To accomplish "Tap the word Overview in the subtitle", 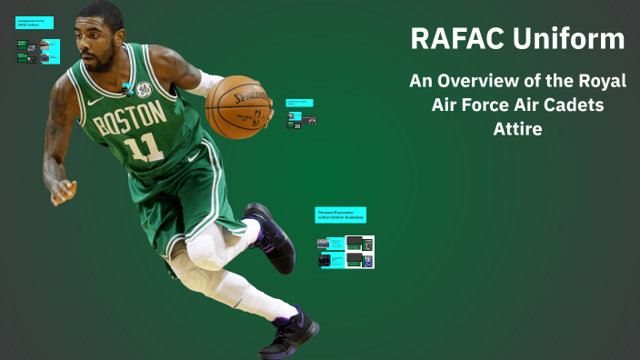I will tap(487, 81).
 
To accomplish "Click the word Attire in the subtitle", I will tap(517, 129).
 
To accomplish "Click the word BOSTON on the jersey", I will tap(130, 119).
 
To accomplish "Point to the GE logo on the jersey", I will tap(144, 89).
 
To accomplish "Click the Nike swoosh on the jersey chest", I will tap(95, 101).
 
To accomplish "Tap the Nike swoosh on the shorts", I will tap(193, 156).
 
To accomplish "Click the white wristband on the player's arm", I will tap(206, 81).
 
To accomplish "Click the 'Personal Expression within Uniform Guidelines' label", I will tap(341, 215).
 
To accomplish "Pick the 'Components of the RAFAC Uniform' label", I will tap(35, 23).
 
